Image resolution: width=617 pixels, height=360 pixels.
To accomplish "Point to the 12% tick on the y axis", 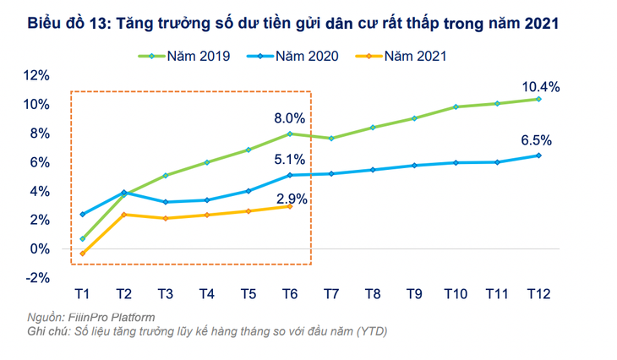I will click(x=38, y=75).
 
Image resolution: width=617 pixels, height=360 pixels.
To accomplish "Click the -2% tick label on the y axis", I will click(x=38, y=277).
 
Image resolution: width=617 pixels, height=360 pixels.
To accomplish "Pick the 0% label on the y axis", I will click(x=41, y=248).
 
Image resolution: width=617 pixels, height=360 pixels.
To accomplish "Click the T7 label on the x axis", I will click(x=331, y=294).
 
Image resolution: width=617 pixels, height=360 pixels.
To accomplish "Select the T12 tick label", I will click(x=538, y=294).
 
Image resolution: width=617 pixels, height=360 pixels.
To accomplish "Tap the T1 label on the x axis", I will click(x=82, y=294).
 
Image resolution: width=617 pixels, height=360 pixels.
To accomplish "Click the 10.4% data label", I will click(x=540, y=85).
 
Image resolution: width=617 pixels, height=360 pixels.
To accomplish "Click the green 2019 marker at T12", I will click(x=538, y=99).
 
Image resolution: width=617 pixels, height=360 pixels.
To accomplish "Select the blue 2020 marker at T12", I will click(x=538, y=155).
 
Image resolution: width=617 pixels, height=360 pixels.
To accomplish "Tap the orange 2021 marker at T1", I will click(x=82, y=254).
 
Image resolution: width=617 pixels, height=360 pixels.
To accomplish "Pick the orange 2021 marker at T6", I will click(x=290, y=206).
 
